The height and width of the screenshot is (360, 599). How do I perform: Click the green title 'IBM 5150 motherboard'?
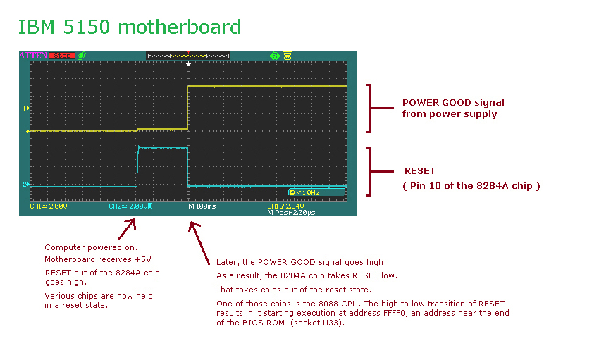tap(129, 27)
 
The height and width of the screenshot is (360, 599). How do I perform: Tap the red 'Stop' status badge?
tap(62, 55)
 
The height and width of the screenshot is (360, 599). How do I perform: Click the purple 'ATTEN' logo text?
tap(33, 55)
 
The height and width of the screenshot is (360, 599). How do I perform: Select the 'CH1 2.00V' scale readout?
tap(49, 206)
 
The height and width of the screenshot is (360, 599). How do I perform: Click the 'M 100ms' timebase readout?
tap(203, 206)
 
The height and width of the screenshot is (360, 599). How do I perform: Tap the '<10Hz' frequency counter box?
tap(316, 192)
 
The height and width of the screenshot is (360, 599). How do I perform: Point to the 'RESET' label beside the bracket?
tap(420, 171)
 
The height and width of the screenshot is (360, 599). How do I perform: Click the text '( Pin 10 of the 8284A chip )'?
tap(471, 185)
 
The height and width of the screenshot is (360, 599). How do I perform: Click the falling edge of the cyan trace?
tap(188, 166)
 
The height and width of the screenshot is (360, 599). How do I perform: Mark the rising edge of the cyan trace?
tap(137, 166)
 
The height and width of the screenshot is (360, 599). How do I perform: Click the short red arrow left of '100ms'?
tap(127, 228)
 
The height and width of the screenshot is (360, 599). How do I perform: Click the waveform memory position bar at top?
tap(188, 55)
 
